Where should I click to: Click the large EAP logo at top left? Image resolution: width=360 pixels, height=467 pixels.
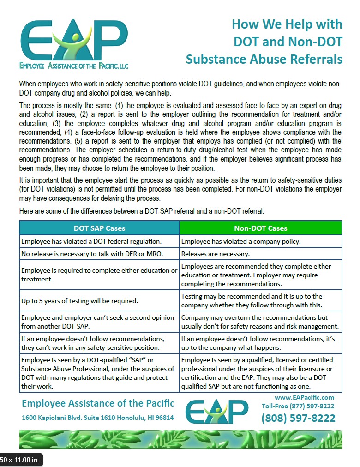click(x=74, y=39)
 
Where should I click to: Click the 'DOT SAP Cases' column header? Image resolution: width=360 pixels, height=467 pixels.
click(x=99, y=228)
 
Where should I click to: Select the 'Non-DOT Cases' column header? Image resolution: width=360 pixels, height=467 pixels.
click(x=260, y=228)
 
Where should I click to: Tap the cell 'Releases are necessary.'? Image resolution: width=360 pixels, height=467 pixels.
click(x=216, y=254)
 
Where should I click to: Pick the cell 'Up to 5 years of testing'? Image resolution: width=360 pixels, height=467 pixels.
click(x=80, y=301)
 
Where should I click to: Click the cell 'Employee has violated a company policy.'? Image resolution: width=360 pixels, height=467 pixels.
click(x=234, y=241)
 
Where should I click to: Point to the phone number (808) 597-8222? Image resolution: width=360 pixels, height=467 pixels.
click(x=298, y=418)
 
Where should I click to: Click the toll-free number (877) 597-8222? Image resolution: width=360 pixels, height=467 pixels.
click(x=298, y=406)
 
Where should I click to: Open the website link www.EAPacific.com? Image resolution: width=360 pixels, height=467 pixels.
click(x=304, y=397)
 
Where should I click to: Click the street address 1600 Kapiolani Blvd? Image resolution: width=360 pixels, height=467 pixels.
click(x=98, y=418)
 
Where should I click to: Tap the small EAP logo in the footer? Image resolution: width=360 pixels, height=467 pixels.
click(x=216, y=411)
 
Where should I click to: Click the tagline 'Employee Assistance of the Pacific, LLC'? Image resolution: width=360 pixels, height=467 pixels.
click(x=74, y=66)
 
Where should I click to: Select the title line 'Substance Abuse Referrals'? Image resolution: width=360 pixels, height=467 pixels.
click(x=264, y=59)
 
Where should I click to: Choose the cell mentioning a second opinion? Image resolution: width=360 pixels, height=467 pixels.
click(x=98, y=322)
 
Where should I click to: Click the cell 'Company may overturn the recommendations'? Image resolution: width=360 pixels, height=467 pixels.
click(x=260, y=322)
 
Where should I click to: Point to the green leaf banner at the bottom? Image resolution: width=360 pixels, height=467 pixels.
click(x=180, y=439)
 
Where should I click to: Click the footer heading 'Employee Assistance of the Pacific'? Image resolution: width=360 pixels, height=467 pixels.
click(x=98, y=403)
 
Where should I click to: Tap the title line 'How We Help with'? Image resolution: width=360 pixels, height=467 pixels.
click(x=287, y=24)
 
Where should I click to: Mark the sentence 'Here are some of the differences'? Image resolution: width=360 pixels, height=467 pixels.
click(x=141, y=211)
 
